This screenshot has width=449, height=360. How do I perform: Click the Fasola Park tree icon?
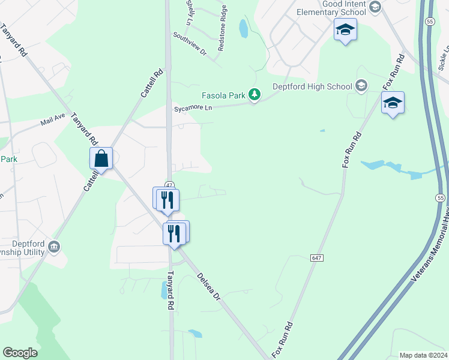255,94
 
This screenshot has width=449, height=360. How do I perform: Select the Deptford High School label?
312,86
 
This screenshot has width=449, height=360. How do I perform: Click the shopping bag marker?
101,159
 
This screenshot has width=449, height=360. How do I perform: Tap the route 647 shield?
317,257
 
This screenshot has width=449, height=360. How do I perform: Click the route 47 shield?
170,185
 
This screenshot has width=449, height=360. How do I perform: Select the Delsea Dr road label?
209,288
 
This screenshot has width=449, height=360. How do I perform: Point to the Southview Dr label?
190,44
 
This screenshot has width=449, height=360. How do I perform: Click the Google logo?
20,353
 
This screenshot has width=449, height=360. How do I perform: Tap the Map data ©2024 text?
423,355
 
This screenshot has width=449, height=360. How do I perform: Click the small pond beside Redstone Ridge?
243,28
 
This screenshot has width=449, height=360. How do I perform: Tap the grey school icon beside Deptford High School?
361,86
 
